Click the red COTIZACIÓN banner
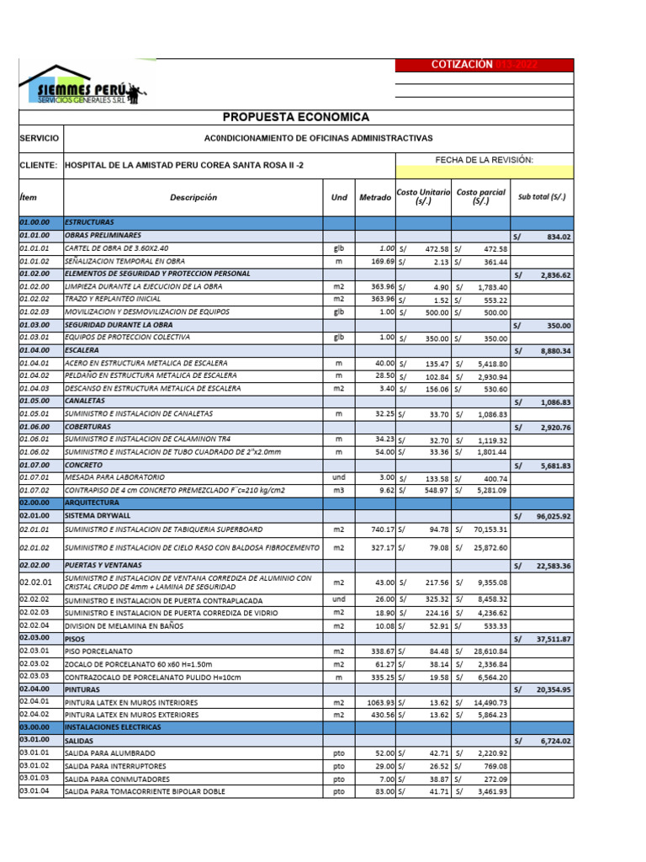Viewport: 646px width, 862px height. [484, 65]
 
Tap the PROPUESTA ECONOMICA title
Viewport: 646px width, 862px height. [295, 117]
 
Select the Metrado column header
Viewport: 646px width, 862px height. [374, 197]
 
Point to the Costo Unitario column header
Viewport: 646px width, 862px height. [423, 197]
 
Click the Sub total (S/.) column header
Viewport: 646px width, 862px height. [542, 197]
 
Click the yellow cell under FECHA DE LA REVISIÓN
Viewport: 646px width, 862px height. [484, 172]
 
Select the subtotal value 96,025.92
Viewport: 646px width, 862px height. [553, 516]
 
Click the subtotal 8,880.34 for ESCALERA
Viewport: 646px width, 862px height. [553, 350]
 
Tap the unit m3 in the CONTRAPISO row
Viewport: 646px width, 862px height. [338, 490]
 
